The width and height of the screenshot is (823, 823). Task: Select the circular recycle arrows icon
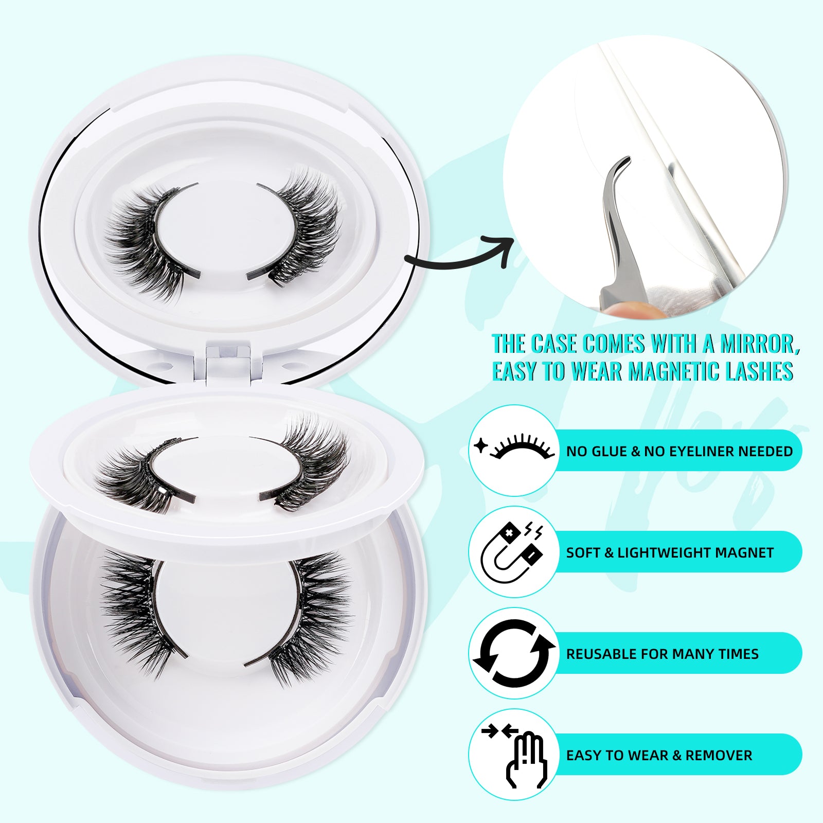point(514,653)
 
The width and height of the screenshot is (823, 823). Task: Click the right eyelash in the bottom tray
point(309,617)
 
